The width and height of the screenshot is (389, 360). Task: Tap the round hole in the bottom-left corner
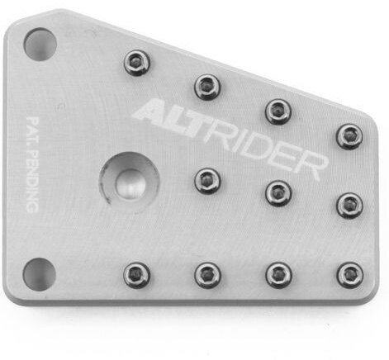click(39, 273)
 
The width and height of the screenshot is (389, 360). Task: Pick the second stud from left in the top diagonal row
click(207, 85)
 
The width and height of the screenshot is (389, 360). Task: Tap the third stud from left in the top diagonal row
click(278, 111)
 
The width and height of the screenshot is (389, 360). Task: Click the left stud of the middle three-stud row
click(207, 179)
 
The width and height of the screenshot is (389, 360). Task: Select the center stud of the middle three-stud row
click(278, 193)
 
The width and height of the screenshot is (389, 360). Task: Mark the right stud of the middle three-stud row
click(349, 204)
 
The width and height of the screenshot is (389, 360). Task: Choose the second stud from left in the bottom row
click(208, 274)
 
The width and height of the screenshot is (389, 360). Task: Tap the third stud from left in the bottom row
click(279, 274)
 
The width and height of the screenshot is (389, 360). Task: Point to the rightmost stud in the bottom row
click(350, 274)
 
